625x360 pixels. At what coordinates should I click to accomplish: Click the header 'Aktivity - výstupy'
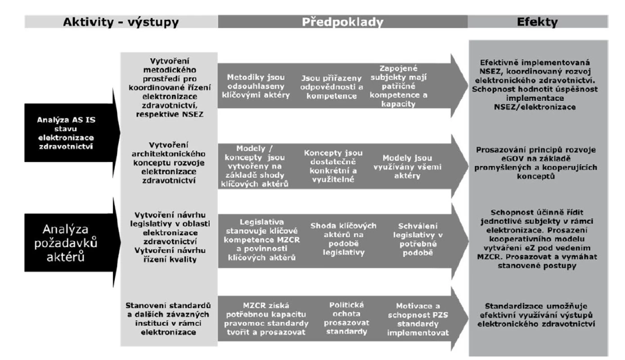click(121, 22)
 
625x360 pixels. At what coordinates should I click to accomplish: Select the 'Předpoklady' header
click(342, 22)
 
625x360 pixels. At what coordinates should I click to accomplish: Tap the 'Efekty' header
click(537, 22)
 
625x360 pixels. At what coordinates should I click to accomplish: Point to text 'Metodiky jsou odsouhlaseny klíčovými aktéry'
click(256, 86)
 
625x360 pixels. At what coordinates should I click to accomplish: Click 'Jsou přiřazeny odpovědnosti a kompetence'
click(332, 87)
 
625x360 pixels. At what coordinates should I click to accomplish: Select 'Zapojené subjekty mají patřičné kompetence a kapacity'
click(398, 86)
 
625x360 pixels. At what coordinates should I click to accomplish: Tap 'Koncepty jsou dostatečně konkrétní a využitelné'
click(333, 166)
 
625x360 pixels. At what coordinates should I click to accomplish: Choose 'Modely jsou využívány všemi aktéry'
click(407, 166)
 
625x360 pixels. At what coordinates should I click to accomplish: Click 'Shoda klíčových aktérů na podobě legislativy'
click(343, 239)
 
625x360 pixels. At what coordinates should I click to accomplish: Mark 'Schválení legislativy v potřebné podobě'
click(418, 239)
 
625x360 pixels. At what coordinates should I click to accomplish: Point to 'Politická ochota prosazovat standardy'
click(346, 318)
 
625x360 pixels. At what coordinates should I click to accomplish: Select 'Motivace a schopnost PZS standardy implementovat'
click(418, 319)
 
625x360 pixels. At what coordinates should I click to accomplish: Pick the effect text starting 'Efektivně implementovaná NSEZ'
click(535, 85)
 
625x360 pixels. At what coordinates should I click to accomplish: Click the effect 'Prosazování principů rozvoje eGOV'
click(536, 163)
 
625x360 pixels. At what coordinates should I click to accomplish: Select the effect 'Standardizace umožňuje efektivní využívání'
click(536, 315)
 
